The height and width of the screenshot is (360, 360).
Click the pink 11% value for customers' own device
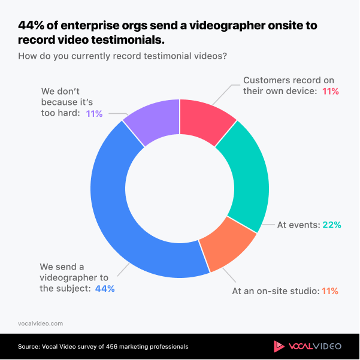[x=331, y=92]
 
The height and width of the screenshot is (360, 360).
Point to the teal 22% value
[x=332, y=225]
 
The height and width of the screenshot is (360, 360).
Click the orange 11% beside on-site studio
[x=330, y=291]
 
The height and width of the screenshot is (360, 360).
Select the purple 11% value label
[x=93, y=113]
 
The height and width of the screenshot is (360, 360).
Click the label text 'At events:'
[x=298, y=225]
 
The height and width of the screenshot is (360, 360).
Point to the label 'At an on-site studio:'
[x=275, y=291]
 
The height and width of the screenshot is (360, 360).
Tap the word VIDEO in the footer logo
[x=326, y=346]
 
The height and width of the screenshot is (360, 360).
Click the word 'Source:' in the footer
[x=28, y=346]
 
